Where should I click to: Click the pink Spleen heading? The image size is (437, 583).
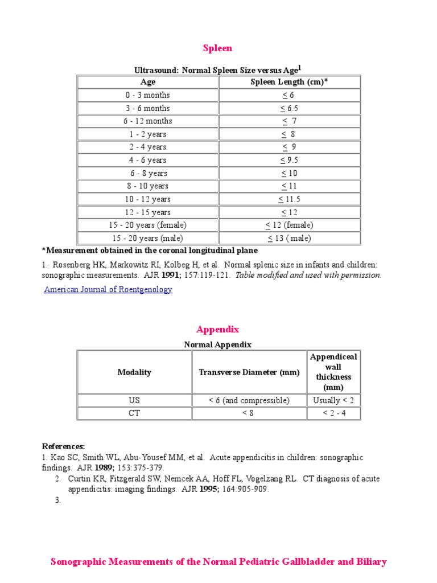(x=218, y=48)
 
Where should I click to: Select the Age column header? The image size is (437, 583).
(x=148, y=82)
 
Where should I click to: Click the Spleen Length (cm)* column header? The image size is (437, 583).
(x=289, y=82)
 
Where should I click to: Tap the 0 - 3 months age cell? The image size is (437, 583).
(x=148, y=95)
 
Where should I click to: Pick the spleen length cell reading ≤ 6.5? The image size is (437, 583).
(x=289, y=108)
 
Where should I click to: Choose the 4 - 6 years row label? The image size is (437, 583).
(x=148, y=160)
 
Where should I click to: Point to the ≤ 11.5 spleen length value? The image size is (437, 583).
(x=289, y=199)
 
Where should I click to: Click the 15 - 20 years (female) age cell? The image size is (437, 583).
(x=148, y=225)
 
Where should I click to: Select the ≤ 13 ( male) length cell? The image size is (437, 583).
(x=289, y=238)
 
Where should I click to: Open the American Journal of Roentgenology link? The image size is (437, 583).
(x=108, y=289)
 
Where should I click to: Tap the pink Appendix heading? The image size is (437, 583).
(x=218, y=330)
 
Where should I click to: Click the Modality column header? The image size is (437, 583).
(x=134, y=372)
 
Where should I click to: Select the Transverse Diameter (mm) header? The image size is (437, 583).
(x=249, y=372)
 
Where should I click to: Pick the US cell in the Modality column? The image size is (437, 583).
(x=134, y=400)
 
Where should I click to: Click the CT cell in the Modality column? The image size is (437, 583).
(x=134, y=413)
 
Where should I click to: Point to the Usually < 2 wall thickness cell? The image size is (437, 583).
(x=333, y=400)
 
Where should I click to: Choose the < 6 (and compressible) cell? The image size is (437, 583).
(x=249, y=400)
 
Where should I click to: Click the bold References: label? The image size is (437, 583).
(x=64, y=446)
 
